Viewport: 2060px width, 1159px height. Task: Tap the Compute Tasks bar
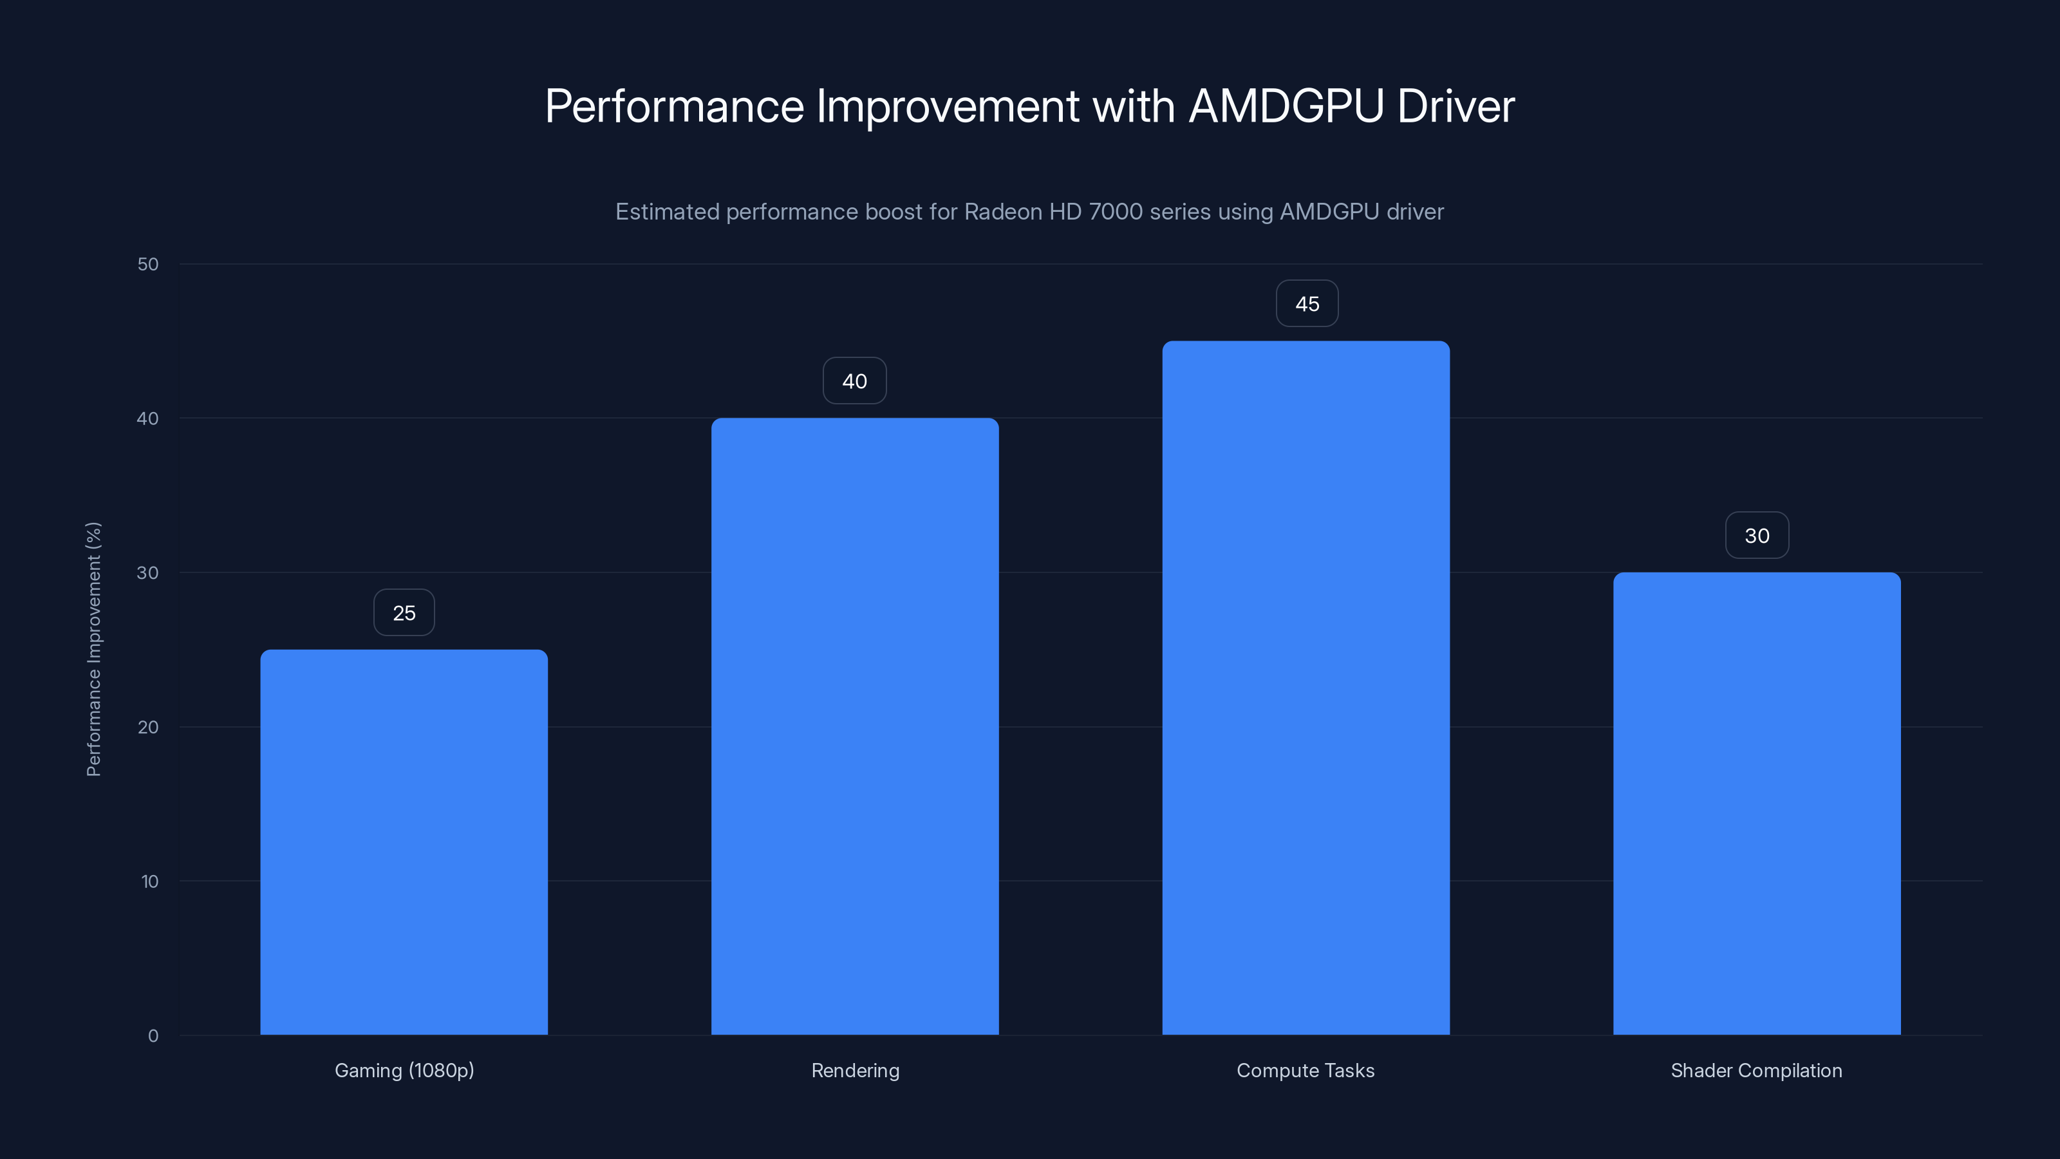click(1306, 688)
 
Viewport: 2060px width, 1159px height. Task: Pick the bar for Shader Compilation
click(1757, 803)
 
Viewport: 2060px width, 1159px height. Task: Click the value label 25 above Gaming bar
click(404, 613)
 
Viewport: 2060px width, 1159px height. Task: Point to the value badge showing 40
click(855, 381)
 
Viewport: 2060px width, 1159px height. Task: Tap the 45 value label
click(1307, 304)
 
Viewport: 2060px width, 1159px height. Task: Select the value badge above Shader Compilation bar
click(1757, 536)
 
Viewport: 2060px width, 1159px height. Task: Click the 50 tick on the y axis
click(148, 264)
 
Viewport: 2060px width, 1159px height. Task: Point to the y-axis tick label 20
click(148, 727)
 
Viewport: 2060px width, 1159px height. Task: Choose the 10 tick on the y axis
click(149, 881)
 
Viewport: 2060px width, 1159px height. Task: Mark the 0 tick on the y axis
click(153, 1036)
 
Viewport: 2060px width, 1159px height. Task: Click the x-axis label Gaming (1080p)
click(404, 1070)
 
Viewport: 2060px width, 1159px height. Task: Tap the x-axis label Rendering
click(855, 1070)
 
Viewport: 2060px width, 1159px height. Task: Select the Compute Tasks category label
click(1305, 1070)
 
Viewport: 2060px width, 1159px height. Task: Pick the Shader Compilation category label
click(1756, 1070)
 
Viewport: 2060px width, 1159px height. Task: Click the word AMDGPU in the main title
click(1286, 106)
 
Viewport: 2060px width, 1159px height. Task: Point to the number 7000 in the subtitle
click(1116, 212)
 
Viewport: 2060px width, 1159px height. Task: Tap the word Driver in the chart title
click(1456, 106)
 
